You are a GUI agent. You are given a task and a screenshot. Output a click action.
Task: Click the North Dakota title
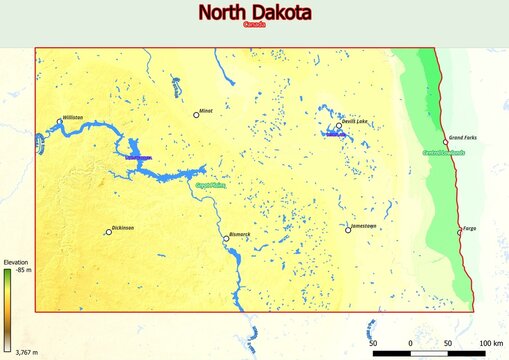point(254,13)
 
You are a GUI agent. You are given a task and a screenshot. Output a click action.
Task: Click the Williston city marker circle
point(59,121)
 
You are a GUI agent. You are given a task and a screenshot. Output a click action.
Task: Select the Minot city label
point(206,110)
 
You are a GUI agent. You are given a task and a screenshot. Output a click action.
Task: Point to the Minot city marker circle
point(196,115)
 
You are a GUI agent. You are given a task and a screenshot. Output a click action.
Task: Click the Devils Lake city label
point(355,121)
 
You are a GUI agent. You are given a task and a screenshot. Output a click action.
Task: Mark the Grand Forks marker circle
point(446,142)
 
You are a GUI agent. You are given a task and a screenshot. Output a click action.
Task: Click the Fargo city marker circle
point(460,232)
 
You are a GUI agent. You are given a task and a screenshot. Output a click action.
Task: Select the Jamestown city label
point(364,226)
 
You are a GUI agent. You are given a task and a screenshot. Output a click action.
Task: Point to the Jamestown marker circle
point(347,230)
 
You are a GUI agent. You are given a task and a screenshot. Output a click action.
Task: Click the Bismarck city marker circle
point(225,238)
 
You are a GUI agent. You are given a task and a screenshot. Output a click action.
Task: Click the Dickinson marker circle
point(109,232)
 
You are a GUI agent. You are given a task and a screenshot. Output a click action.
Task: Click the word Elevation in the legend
point(16,262)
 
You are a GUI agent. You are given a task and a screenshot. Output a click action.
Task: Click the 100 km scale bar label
point(490,343)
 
